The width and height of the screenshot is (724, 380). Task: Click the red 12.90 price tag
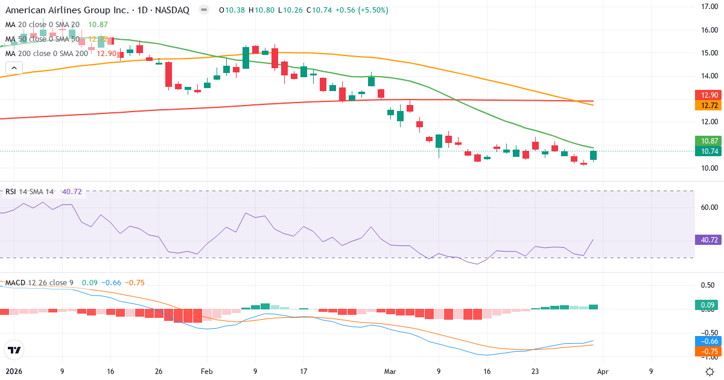pos(707,95)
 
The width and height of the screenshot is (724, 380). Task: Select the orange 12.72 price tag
pos(707,106)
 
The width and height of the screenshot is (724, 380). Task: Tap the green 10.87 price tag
pos(707,141)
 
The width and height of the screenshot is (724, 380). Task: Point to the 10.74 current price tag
pos(707,151)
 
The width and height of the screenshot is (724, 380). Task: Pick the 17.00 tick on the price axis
pos(705,7)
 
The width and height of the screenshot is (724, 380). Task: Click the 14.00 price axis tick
pos(705,76)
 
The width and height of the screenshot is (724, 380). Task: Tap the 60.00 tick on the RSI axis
pos(705,207)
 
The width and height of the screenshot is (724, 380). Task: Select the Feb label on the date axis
pos(207,372)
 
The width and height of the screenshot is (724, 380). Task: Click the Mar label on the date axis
pos(390,372)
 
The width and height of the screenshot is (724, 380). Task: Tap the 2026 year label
pos(13,372)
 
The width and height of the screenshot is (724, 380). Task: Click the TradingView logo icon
pos(14,350)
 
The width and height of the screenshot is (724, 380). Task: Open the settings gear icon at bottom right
pos(711,372)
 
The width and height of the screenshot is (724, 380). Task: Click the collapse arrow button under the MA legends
pos(14,68)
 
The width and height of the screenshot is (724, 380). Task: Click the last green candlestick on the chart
pos(593,155)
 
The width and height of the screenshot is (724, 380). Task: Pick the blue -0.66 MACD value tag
pos(707,341)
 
